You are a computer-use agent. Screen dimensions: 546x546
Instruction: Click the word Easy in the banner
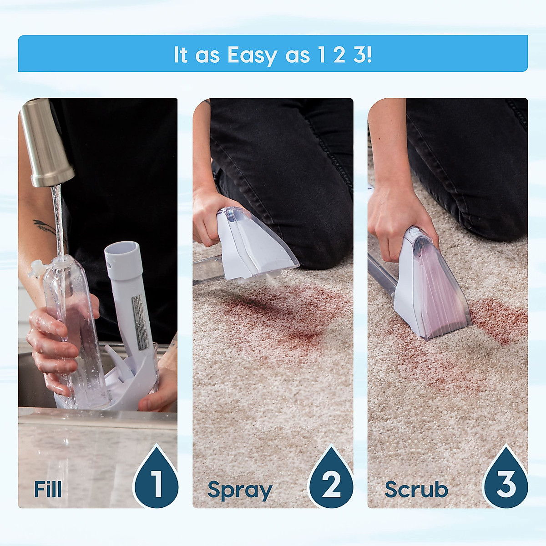[x=252, y=56]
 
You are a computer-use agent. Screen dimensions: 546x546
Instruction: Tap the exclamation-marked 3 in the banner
[x=364, y=55]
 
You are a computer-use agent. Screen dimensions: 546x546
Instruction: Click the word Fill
[x=48, y=490]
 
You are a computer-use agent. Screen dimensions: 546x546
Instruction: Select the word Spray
[x=240, y=490]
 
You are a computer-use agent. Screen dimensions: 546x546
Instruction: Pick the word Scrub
[x=416, y=490]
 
